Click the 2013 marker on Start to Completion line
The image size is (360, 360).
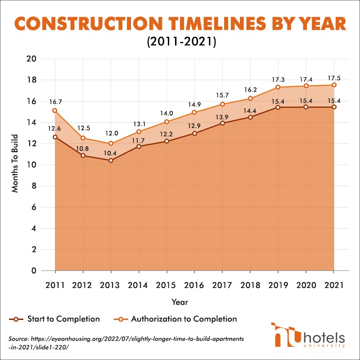[111, 160]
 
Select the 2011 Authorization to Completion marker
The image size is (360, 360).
[55, 110]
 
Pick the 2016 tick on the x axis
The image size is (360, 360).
[194, 285]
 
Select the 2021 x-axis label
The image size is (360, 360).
[333, 285]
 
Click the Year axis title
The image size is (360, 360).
[180, 301]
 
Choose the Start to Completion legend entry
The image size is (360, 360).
[55, 319]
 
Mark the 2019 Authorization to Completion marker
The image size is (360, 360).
[278, 87]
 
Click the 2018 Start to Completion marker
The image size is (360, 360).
[250, 117]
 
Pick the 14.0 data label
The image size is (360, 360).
[166, 113]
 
